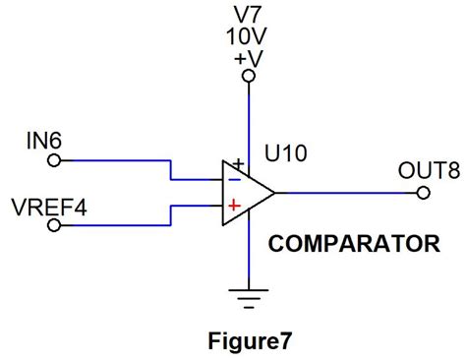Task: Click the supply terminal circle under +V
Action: (x=249, y=77)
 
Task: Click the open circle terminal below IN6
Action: (x=55, y=160)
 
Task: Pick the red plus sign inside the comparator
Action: (x=234, y=206)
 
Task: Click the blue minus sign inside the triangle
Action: (x=234, y=179)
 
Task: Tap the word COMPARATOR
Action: (x=354, y=242)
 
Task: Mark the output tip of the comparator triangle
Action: (x=274, y=192)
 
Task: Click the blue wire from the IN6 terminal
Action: (x=118, y=160)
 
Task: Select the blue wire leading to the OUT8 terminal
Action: (x=344, y=192)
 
